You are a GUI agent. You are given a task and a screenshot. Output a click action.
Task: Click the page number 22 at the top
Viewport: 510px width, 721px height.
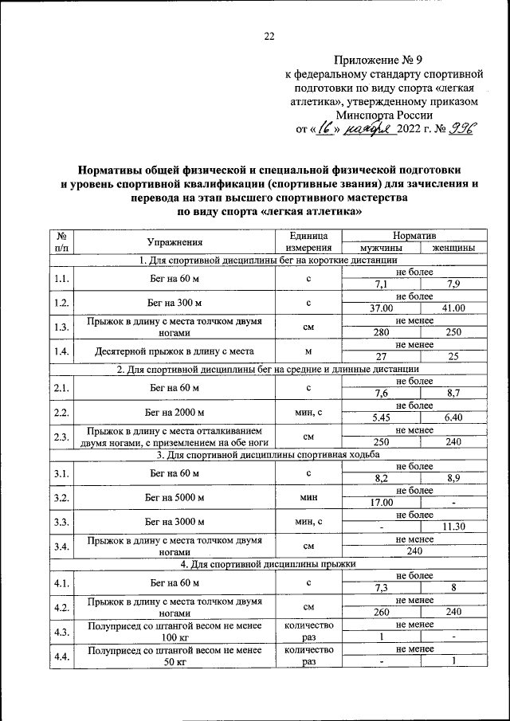[x=269, y=36]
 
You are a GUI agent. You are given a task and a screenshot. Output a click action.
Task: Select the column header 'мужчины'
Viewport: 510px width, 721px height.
[x=382, y=249]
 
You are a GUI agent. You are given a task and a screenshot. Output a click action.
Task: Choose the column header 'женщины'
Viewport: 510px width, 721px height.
[x=453, y=249]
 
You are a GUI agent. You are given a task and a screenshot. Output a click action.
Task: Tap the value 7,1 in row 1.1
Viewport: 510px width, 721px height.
[x=382, y=284]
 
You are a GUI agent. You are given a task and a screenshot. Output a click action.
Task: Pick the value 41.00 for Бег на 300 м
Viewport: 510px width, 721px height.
[x=453, y=308]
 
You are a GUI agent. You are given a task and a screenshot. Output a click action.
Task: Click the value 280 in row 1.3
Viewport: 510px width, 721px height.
[x=382, y=332]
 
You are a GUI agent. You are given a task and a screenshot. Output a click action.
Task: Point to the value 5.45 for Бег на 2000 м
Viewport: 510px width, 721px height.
[x=382, y=417]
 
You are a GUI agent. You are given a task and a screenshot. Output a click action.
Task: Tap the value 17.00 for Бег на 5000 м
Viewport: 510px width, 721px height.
[x=382, y=502]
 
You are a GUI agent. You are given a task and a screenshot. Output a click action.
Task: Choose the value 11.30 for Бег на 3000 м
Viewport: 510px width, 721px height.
[x=453, y=527]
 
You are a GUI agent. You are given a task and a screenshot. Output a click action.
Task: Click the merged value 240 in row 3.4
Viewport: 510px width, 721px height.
[x=414, y=551]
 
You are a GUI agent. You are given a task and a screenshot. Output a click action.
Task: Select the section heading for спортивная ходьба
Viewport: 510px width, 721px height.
[x=268, y=454]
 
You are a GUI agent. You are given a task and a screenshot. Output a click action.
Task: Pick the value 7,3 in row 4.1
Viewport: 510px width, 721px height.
[x=382, y=587]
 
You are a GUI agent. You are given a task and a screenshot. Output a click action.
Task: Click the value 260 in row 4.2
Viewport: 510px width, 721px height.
[x=382, y=612]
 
